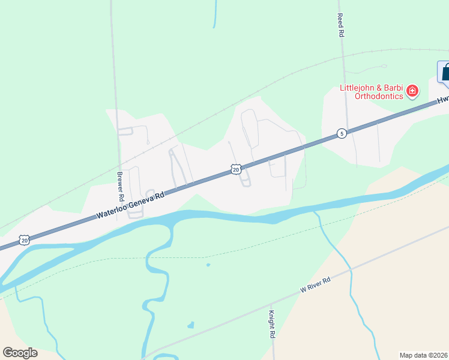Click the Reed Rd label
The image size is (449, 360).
tap(340, 26)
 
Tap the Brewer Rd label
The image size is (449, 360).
tap(120, 186)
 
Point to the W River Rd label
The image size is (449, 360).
tap(316, 286)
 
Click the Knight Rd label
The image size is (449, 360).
tap(271, 325)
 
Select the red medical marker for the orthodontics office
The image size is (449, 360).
tap(412, 91)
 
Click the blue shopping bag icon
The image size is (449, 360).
tap(445, 73)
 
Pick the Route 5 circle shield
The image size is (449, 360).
tap(341, 133)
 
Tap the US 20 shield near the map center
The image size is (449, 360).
tap(236, 170)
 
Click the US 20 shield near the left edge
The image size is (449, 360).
tap(24, 240)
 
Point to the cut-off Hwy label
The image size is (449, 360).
tap(443, 100)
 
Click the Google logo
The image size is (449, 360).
tap(20, 352)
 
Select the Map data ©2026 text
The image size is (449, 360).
tap(423, 355)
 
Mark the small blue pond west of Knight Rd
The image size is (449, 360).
tap(191, 325)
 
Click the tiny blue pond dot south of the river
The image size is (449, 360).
tap(208, 265)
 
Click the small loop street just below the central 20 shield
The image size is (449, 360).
tap(246, 182)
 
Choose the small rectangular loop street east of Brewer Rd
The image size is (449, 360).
tap(125, 131)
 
